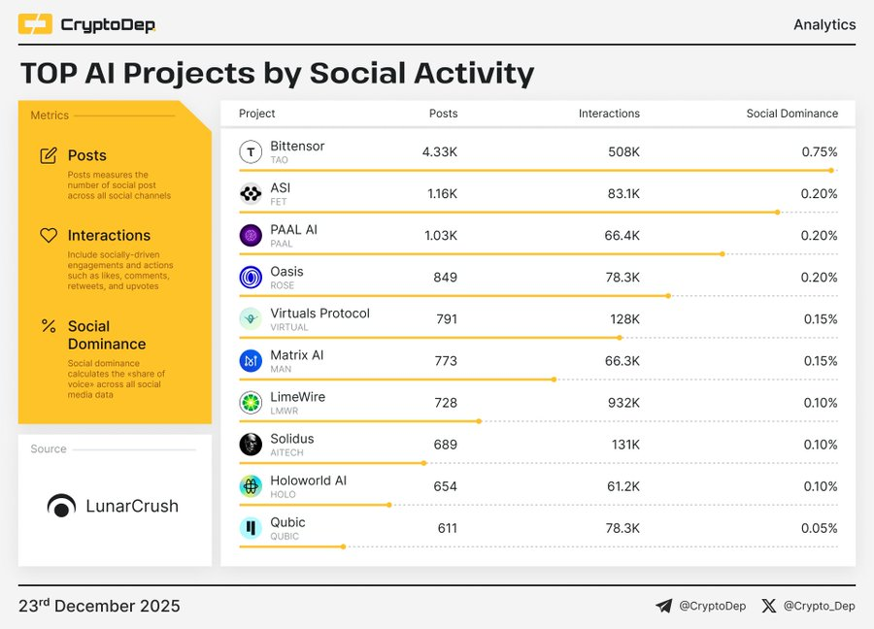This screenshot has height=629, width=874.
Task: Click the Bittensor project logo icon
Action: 251,151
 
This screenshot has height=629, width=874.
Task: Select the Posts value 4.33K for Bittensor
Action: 439,152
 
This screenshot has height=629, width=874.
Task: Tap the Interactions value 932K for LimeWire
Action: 622,403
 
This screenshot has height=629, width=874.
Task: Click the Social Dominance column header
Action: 791,114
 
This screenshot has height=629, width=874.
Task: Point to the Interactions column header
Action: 609,114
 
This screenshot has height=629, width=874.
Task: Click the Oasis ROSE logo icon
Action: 251,278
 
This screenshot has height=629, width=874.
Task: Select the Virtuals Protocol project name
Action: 319,314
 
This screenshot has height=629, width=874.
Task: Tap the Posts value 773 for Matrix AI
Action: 446,361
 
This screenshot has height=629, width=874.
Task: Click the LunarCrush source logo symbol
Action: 62,506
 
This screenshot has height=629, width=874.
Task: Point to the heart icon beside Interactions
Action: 48,236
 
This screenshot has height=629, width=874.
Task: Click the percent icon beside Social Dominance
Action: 48,326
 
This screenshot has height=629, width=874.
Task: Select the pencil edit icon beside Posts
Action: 48,155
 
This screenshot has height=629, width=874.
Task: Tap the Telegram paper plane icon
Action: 664,606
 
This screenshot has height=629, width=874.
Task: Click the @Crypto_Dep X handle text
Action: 820,606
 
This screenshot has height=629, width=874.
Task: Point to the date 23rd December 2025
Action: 99,606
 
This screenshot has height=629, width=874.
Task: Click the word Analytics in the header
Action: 824,24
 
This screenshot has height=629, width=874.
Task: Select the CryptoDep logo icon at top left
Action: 35,24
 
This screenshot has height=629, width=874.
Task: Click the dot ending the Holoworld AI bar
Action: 389,505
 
